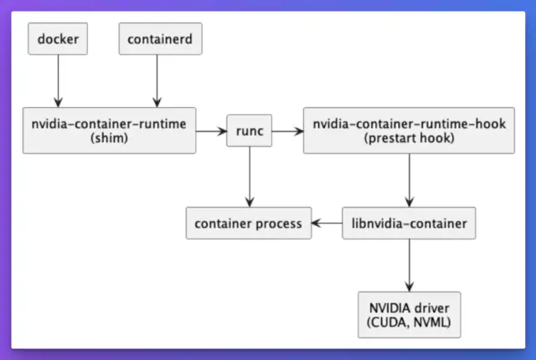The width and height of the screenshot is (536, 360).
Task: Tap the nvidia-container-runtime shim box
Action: pyautogui.click(x=109, y=131)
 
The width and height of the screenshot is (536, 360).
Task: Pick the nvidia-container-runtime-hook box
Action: pyautogui.click(x=409, y=131)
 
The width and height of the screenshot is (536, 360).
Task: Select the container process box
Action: pyautogui.click(x=249, y=224)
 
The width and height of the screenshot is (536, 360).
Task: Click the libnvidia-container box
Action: pyautogui.click(x=409, y=224)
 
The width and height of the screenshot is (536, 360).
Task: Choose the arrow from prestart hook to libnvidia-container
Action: pyautogui.click(x=409, y=180)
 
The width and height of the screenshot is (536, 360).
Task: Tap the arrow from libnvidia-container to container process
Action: pyautogui.click(x=327, y=224)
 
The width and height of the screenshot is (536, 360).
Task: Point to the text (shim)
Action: pyautogui.click(x=109, y=138)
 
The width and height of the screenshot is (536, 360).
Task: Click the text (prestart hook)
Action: pyautogui.click(x=409, y=138)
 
